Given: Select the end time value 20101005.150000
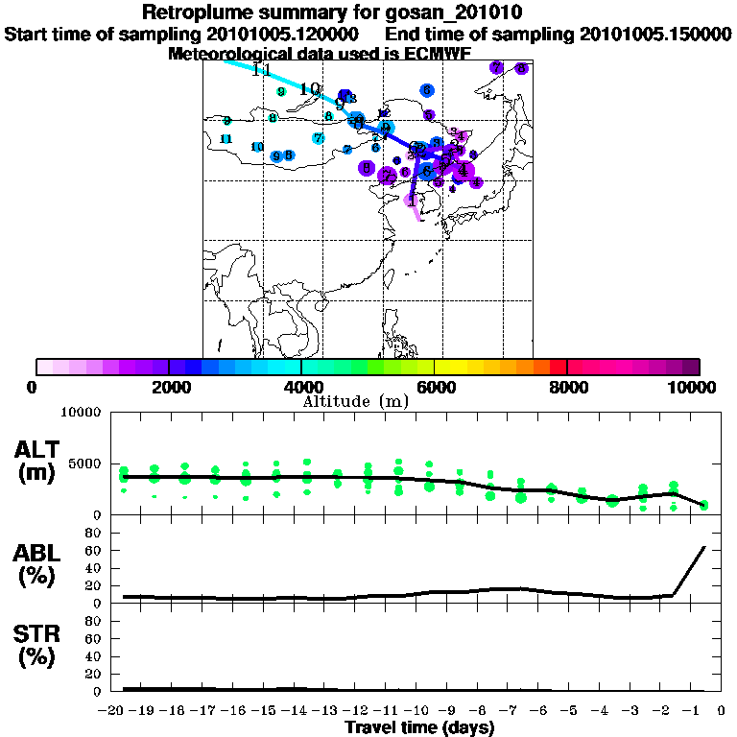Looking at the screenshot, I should click(x=654, y=34).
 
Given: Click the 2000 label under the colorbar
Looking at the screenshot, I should click(x=168, y=387).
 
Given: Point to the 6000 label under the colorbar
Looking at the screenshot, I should click(x=434, y=387).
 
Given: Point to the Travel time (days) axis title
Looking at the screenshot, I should click(x=419, y=728).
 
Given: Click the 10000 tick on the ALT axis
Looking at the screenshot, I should click(x=81, y=414).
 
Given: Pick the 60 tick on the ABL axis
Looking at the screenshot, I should click(x=92, y=550).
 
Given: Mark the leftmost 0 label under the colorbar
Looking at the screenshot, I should click(x=35, y=387).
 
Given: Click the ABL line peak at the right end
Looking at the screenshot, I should click(x=705, y=547).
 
